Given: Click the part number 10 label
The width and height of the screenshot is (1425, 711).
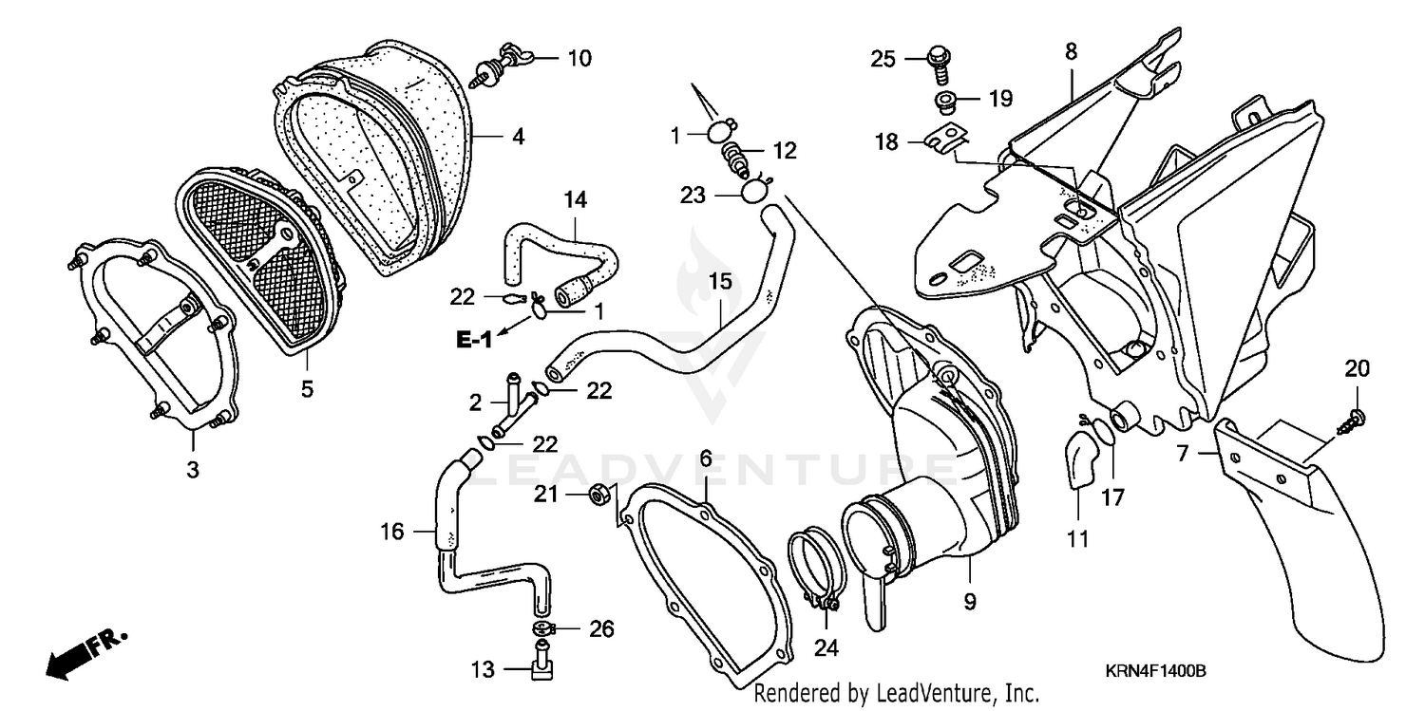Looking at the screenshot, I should click(x=579, y=59).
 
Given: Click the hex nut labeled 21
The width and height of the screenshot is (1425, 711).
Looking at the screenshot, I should click(x=599, y=494).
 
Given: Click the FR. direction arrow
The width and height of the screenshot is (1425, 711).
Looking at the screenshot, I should click(x=84, y=652).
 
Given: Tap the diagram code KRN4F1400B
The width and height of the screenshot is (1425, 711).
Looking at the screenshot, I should click(x=1155, y=671).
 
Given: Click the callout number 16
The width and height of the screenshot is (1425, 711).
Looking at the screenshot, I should click(x=392, y=532).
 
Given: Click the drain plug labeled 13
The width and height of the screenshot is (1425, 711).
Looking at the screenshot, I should click(x=543, y=664).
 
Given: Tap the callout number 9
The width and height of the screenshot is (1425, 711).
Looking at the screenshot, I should click(x=970, y=602).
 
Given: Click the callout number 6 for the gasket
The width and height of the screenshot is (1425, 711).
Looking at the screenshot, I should click(x=706, y=458).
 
